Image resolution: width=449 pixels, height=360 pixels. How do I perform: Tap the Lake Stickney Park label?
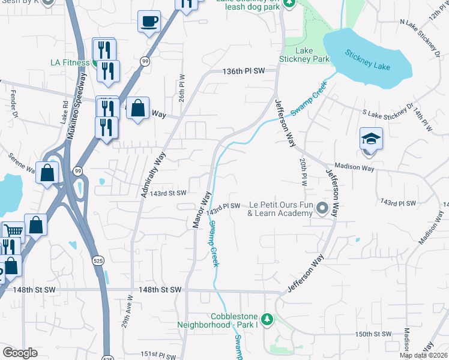pyautogui.click(x=304, y=55)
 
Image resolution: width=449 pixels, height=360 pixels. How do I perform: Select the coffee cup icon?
pyautogui.click(x=149, y=22)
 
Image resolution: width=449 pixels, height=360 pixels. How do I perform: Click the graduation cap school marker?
pyautogui.click(x=371, y=139)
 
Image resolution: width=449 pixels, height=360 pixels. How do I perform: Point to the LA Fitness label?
pyautogui.click(x=70, y=62)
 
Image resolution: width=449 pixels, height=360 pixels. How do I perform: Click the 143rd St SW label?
pyautogui.click(x=168, y=193)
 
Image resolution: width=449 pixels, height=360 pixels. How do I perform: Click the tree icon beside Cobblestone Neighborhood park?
pyautogui.click(x=269, y=319)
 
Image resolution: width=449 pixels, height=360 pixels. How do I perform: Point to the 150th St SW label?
pyautogui.click(x=373, y=334)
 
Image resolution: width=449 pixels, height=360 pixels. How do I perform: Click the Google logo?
pyautogui.click(x=20, y=353)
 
